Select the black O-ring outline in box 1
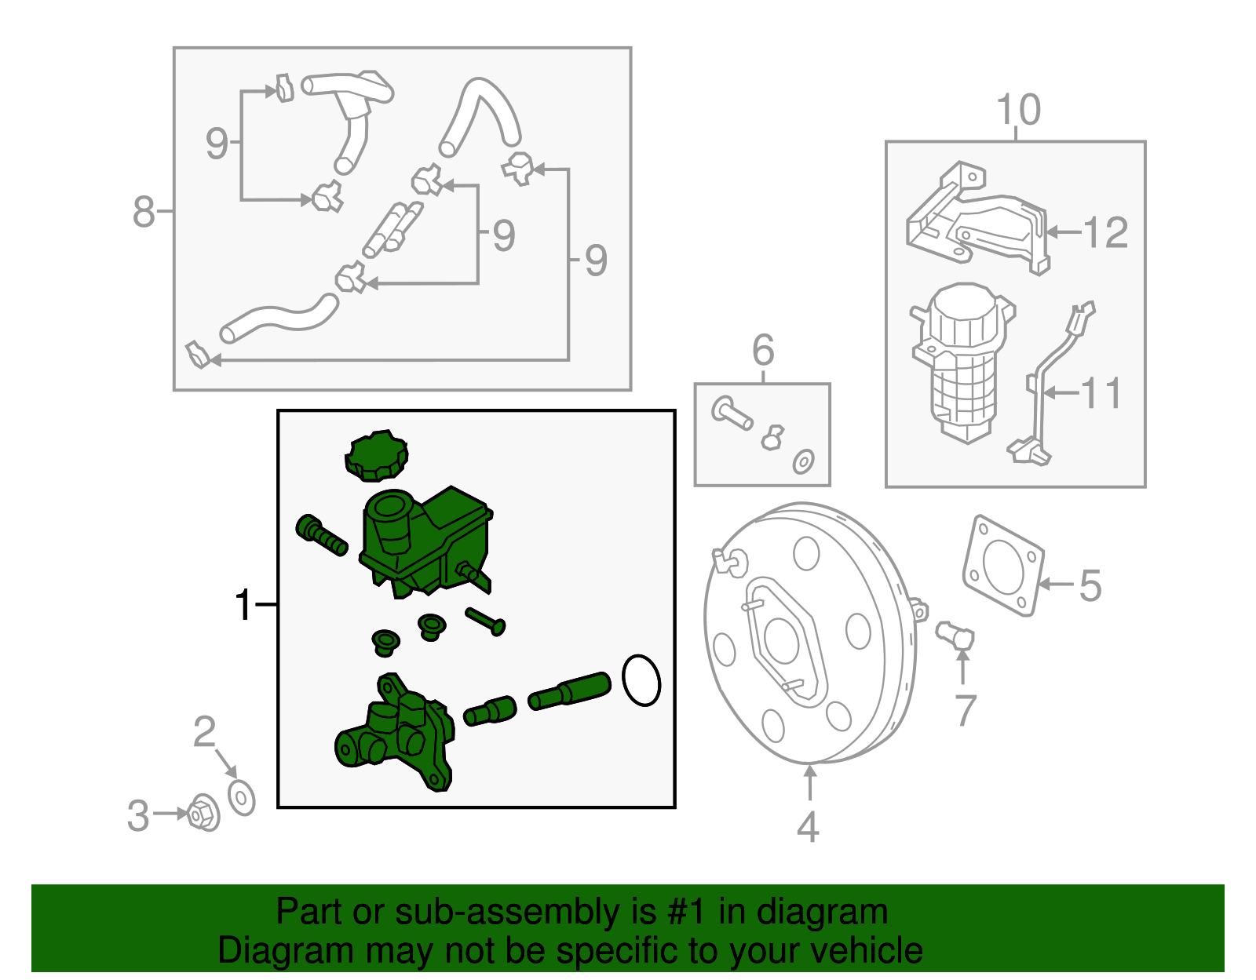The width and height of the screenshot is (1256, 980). pyautogui.click(x=641, y=680)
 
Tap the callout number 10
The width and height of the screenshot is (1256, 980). pyautogui.click(x=1018, y=110)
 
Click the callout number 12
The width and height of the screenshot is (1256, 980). pyautogui.click(x=1104, y=233)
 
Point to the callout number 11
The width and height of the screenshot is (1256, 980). pyautogui.click(x=1101, y=392)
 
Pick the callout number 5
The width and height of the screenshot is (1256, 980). pyautogui.click(x=1090, y=585)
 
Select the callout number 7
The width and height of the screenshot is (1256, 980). pyautogui.click(x=966, y=710)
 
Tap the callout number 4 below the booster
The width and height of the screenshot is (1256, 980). pyautogui.click(x=809, y=827)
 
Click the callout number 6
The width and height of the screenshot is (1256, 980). pyautogui.click(x=763, y=350)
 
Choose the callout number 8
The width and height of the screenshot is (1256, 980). pyautogui.click(x=144, y=212)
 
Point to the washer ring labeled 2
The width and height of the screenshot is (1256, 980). pyautogui.click(x=241, y=798)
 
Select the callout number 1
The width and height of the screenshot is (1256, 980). pyautogui.click(x=244, y=605)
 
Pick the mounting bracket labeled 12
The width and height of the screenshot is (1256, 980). pyautogui.click(x=977, y=220)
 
